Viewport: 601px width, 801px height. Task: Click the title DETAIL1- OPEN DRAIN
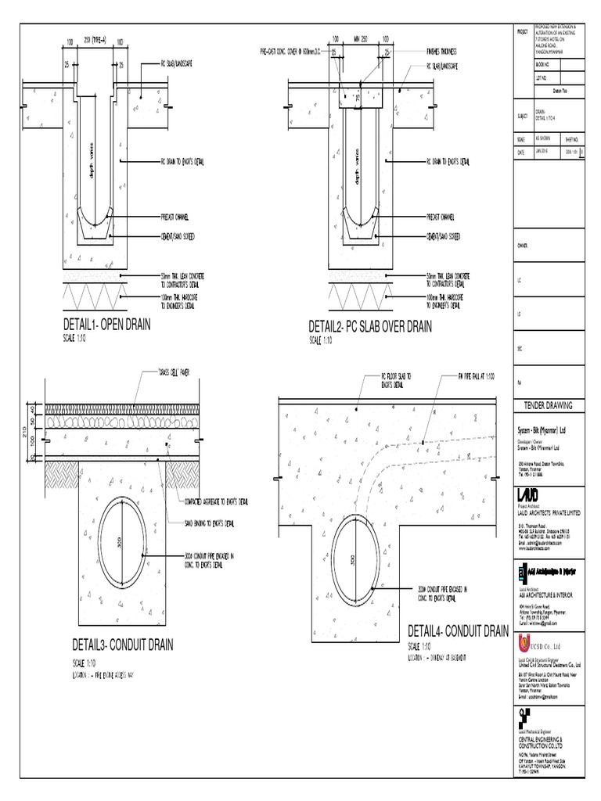pos(112,325)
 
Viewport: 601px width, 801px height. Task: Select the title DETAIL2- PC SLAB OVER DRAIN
pos(369,327)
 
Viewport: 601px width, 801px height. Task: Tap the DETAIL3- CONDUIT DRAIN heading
pos(123,645)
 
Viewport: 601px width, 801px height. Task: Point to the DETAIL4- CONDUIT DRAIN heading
pos(458,631)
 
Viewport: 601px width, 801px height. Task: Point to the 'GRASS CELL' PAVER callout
pos(174,373)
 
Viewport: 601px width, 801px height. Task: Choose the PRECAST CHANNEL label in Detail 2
pos(444,216)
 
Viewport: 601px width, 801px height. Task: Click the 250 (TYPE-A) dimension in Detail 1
pos(99,39)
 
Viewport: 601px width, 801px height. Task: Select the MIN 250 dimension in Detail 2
pos(361,39)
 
